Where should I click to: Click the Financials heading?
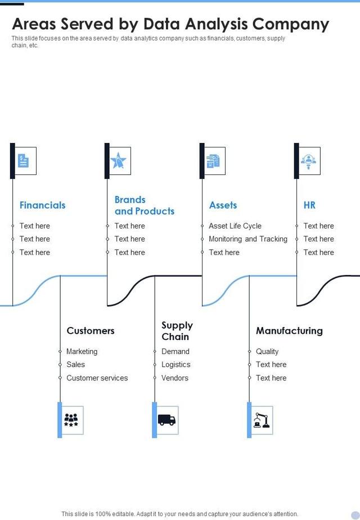tap(42, 205)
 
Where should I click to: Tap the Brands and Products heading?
tap(144, 205)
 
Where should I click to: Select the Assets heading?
tap(223, 205)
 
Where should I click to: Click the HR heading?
tap(309, 205)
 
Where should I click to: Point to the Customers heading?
tap(90, 331)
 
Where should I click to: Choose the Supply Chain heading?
tap(177, 331)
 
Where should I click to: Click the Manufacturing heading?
tap(289, 331)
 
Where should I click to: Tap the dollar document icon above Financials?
tap(23, 161)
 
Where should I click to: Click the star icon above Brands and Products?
tap(118, 161)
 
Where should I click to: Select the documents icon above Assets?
tap(213, 161)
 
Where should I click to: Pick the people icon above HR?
tap(308, 161)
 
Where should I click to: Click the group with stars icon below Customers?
tap(71, 420)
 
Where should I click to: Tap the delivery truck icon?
tap(166, 420)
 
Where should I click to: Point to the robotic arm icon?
tap(261, 420)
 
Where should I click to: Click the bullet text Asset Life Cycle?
tap(235, 226)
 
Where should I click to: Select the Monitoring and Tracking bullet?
tap(248, 239)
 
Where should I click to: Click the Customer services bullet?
tap(97, 378)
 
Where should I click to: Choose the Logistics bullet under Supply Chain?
tap(175, 365)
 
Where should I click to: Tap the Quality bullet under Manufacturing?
tap(267, 352)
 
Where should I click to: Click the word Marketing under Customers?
tap(82, 352)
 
